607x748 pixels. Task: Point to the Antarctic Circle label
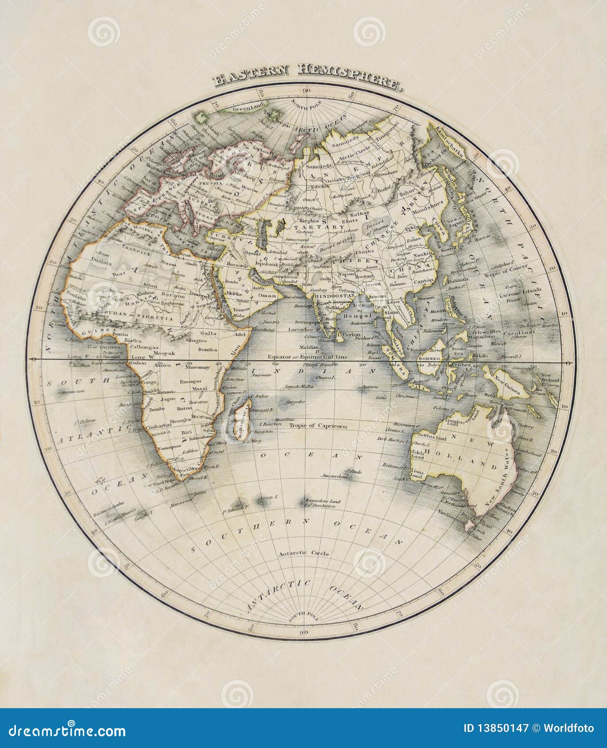tap(304, 553)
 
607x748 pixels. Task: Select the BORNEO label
tap(430, 359)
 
